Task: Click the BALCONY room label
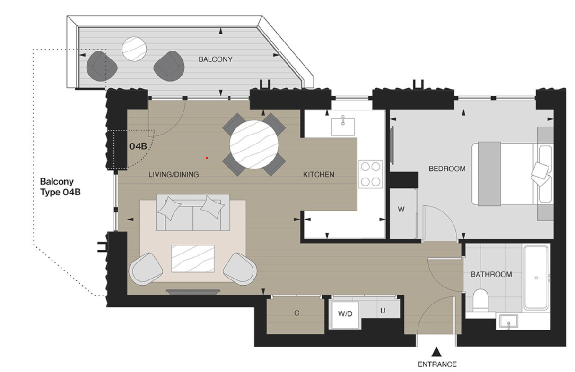(x=215, y=59)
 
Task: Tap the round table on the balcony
(x=135, y=49)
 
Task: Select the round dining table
(x=254, y=144)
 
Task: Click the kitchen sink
(x=344, y=127)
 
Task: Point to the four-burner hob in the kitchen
(x=371, y=174)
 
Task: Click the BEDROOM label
(x=447, y=169)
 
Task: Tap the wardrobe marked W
(x=401, y=210)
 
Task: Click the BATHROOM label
(x=491, y=274)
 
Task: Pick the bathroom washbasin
(x=509, y=322)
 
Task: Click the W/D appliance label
(x=345, y=313)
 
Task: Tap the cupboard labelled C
(x=296, y=313)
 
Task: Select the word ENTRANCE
(x=437, y=364)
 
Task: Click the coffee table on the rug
(x=192, y=259)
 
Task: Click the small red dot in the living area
(x=207, y=158)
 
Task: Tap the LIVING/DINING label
(x=174, y=175)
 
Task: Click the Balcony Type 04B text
(x=57, y=187)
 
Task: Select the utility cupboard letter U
(x=382, y=311)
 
